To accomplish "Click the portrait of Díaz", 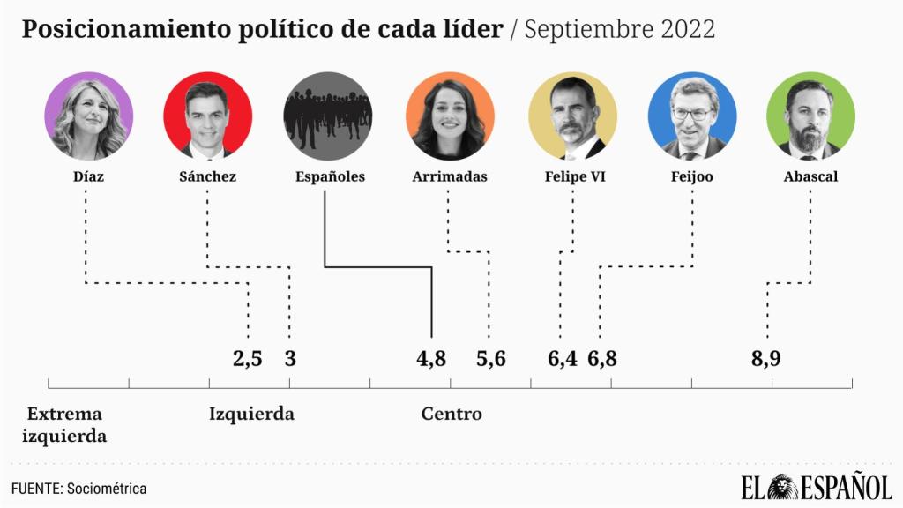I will coord(88,116).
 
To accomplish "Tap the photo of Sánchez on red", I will coord(207,116).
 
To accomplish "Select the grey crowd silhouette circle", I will coord(328,116).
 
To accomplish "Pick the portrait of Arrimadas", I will coord(450,116).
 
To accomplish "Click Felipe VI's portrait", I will coord(572,116).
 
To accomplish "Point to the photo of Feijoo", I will coord(691,116).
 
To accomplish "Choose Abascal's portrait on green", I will coord(810,116).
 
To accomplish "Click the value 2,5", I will coord(248,359).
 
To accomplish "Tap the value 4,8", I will coord(431,359).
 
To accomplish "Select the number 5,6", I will coord(491,359).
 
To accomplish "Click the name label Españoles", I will coord(329,176).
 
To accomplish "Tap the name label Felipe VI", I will coord(575,176).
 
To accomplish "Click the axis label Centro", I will coord(451,414).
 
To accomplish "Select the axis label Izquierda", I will coord(251,414).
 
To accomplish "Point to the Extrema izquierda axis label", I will coord(64,424).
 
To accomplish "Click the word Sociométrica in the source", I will coord(106,489).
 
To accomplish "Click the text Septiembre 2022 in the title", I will coord(620,29).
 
